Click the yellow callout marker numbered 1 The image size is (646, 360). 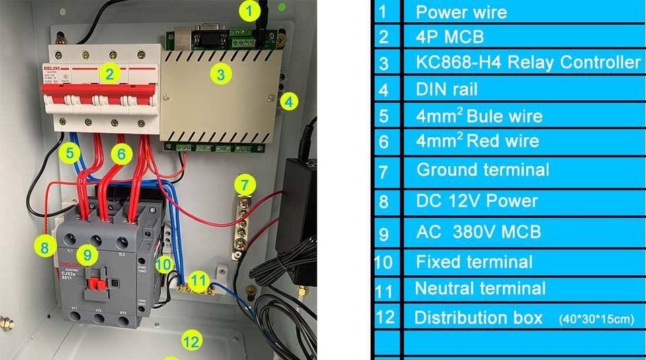pyautogui.click(x=250, y=11)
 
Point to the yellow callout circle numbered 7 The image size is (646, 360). pyautogui.click(x=246, y=184)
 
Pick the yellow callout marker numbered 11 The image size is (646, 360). pyautogui.click(x=198, y=279)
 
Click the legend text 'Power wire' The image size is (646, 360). pyautogui.click(x=461, y=12)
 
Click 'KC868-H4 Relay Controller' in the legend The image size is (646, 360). pyautogui.click(x=528, y=63)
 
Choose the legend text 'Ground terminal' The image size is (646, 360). pyautogui.click(x=482, y=170)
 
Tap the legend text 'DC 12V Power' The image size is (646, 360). pyautogui.click(x=477, y=201)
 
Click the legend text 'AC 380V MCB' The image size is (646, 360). pyautogui.click(x=478, y=232)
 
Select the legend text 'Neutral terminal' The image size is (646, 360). pyautogui.click(x=480, y=289)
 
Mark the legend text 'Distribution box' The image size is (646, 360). pyautogui.click(x=478, y=318)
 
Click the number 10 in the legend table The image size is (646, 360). pyautogui.click(x=383, y=262)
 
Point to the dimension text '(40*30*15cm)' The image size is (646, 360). pyautogui.click(x=596, y=320)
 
